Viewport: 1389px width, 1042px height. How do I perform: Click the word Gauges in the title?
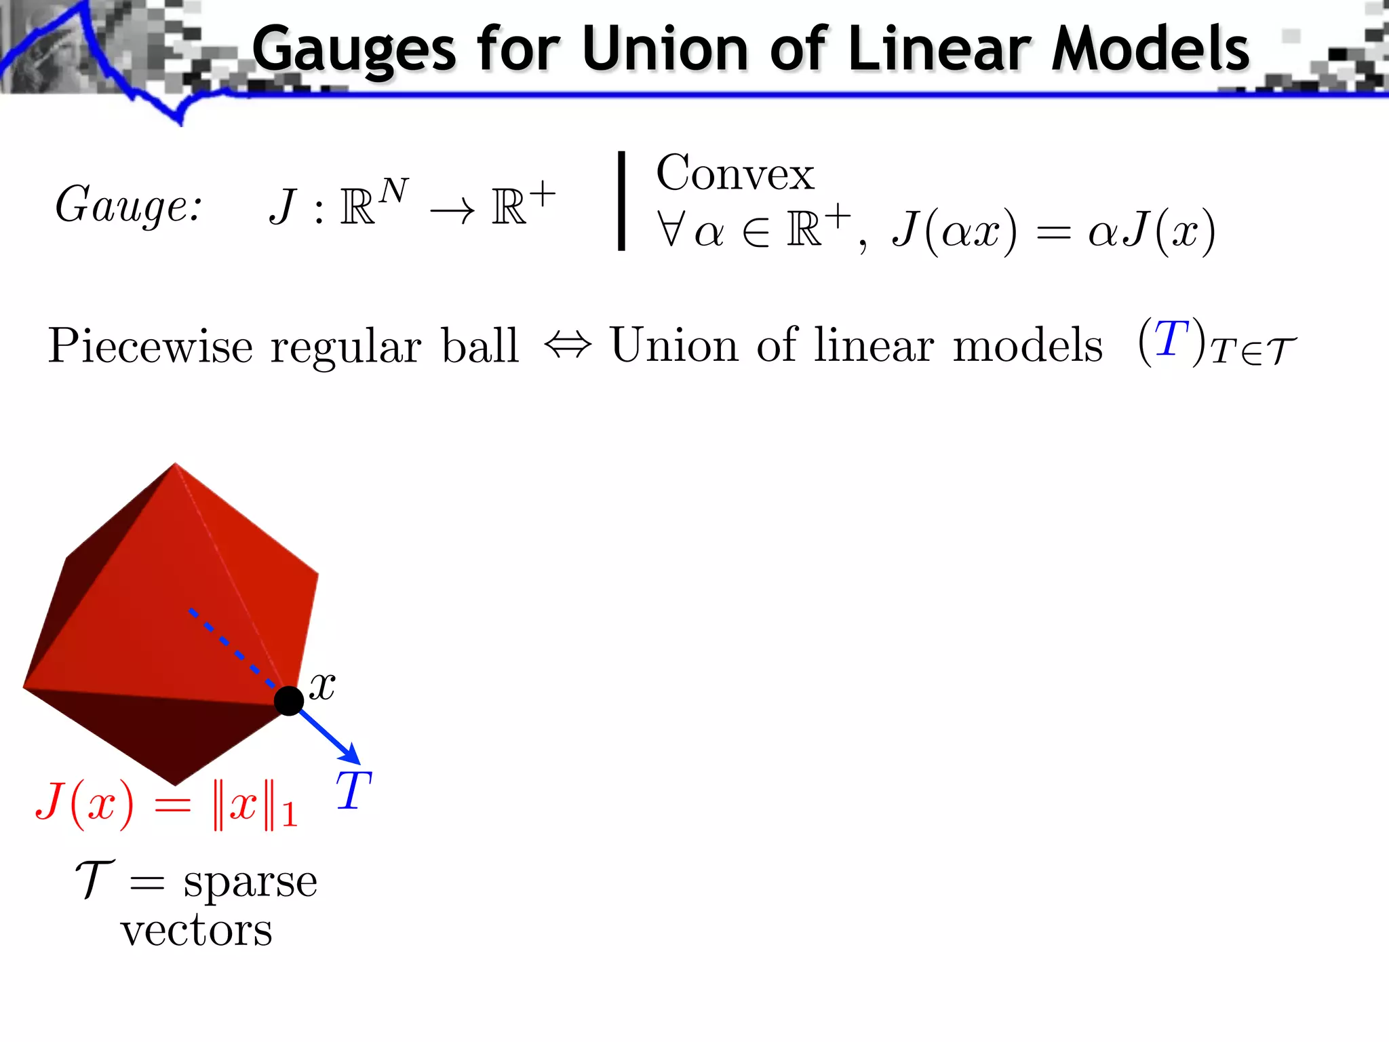pos(354,49)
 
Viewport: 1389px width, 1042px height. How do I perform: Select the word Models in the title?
pos(1150,49)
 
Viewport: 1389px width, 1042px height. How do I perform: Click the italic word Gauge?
pos(128,205)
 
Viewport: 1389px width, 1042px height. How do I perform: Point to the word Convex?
pos(735,174)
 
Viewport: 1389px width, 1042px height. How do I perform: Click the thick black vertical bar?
pos(621,201)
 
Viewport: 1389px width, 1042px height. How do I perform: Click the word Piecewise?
pos(151,346)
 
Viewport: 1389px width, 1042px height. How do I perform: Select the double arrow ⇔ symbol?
pos(568,345)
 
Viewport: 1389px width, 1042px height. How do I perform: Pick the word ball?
pos(480,345)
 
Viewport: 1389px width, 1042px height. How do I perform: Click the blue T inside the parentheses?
pos(1171,339)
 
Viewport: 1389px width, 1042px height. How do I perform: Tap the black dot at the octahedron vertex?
pos(289,700)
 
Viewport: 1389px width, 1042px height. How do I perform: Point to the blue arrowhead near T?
pos(350,754)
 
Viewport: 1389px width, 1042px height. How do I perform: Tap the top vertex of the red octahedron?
pos(176,464)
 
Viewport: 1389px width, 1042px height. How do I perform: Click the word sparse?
pos(250,882)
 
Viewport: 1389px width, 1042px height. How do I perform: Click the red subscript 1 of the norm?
pos(290,814)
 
